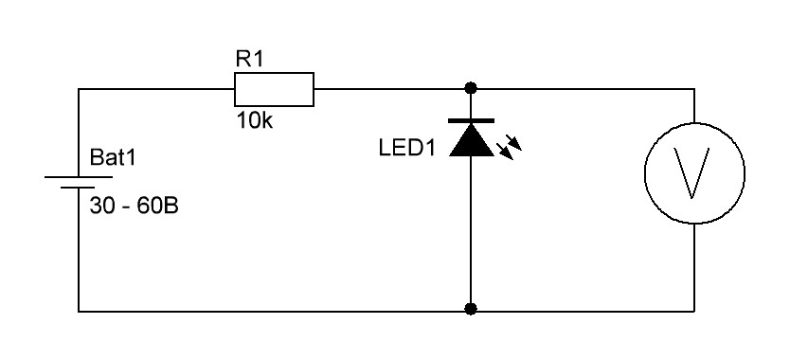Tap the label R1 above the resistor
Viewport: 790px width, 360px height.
249,60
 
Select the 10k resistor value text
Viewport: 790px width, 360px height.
255,121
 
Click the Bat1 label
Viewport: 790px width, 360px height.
113,157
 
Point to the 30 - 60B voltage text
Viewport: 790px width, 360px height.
134,207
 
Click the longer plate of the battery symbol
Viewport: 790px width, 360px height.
79,177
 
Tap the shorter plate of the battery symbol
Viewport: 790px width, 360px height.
79,188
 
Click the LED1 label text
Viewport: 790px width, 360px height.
407,148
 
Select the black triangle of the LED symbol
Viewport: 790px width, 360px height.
471,140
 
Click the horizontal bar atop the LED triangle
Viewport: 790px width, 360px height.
471,121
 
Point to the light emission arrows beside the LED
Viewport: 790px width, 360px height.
509,147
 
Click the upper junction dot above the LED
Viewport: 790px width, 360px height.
471,89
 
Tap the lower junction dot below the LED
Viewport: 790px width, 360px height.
471,309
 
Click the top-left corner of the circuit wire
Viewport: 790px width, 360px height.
79,89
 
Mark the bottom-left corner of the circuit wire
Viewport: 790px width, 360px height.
79,311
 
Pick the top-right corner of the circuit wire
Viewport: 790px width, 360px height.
694,89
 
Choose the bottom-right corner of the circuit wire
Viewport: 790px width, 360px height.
694,311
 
